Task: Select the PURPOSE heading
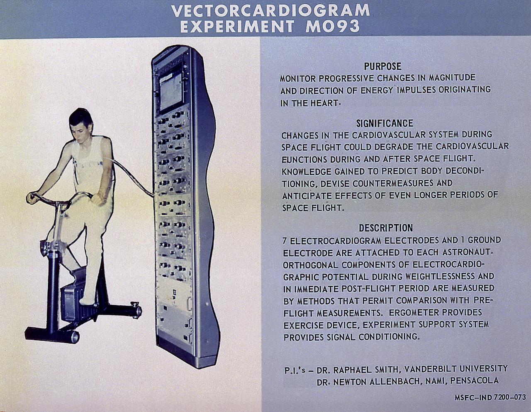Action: click(x=382, y=66)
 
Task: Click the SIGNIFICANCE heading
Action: click(x=385, y=123)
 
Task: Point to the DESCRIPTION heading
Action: click(x=386, y=228)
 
